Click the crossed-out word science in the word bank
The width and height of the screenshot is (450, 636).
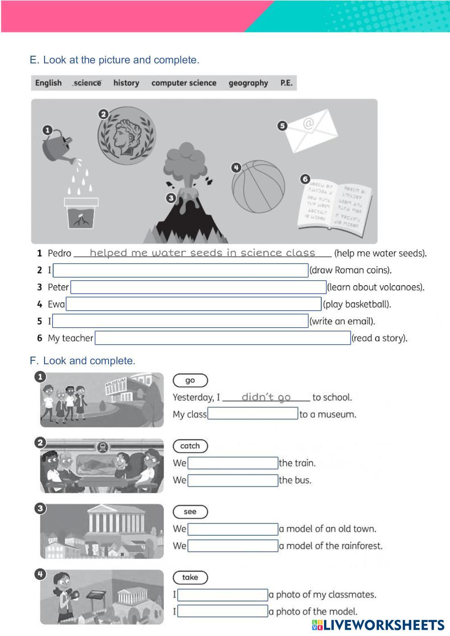coord(87,83)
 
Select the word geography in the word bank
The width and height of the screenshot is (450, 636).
coord(248,83)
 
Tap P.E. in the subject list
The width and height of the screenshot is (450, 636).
coord(286,83)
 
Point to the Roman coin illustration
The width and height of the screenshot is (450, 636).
coord(127,136)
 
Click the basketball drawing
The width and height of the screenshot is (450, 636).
coord(258,186)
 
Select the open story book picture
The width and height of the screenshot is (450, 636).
coord(335,205)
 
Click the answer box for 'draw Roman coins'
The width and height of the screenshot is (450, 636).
coord(180,270)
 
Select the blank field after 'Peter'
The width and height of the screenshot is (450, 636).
coord(198,287)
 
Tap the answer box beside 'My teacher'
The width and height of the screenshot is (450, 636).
coord(223,338)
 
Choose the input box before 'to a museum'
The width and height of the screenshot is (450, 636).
coord(252,414)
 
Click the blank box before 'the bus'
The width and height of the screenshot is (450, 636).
coord(233,480)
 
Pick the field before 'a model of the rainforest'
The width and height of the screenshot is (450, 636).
coord(233,546)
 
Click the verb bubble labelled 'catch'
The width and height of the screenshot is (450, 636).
coord(190,446)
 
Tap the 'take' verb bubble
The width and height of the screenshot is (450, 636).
coord(190,577)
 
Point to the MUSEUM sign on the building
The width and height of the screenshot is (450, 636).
coord(115,383)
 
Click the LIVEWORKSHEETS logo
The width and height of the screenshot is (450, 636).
coord(378,625)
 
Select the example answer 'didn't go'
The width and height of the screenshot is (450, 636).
coord(266,397)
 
